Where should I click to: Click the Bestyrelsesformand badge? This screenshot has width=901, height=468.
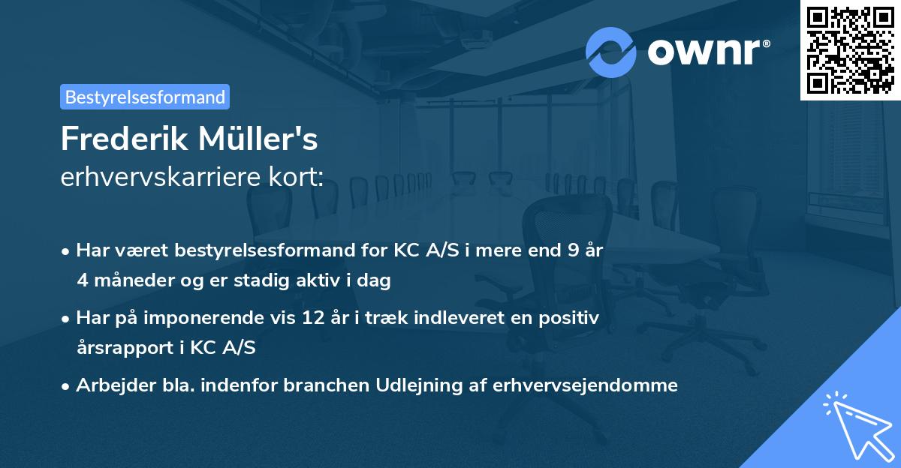(145, 97)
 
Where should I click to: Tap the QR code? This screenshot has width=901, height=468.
(851, 49)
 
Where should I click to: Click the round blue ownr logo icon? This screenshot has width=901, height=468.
(611, 52)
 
